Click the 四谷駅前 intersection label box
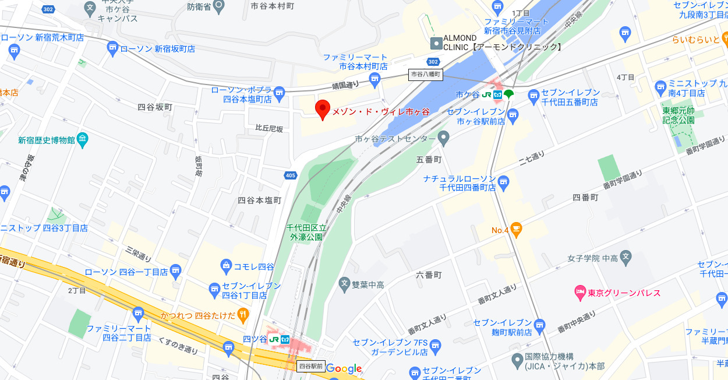click(310, 366)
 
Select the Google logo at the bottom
click(344, 368)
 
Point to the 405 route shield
click(291, 175)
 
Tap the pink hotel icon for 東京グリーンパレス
click(579, 293)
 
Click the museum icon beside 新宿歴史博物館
click(82, 139)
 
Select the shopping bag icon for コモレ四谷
click(227, 266)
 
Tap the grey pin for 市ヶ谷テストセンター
click(444, 139)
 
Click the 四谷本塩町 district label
click(259, 200)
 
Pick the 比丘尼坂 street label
click(269, 129)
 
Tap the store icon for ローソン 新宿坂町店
click(112, 49)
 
